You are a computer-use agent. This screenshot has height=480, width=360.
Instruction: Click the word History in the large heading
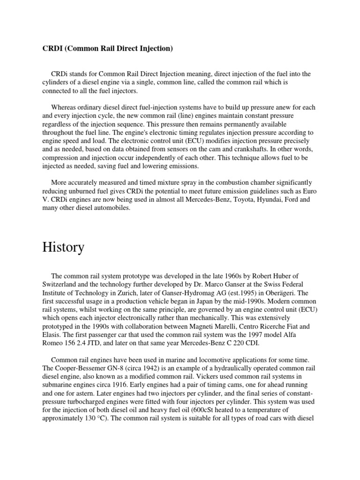tap(63, 247)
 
